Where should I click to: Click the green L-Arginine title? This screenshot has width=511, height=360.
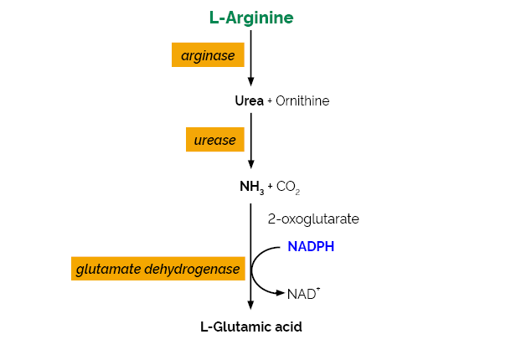click(251, 18)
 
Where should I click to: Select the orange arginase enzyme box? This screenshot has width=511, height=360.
click(208, 55)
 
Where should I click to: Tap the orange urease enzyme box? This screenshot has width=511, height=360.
click(215, 140)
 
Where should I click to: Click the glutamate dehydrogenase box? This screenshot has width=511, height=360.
click(158, 269)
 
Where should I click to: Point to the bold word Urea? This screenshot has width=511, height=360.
click(250, 101)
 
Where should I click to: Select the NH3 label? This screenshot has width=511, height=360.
click(251, 187)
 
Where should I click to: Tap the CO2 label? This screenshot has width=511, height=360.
click(288, 187)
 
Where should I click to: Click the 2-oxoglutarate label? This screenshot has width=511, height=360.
click(313, 219)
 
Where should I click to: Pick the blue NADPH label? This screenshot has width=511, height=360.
click(311, 248)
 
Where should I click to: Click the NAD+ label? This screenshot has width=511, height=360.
click(302, 293)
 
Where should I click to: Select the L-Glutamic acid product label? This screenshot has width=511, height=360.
click(250, 327)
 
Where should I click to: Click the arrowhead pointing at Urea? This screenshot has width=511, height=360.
click(251, 81)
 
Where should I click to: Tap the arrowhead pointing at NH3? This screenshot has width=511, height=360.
click(251, 165)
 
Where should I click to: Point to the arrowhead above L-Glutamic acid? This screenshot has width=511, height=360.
click(251, 306)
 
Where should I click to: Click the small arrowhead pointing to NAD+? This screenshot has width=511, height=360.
click(280, 292)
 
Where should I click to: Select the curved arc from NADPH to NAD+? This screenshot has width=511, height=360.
click(254, 270)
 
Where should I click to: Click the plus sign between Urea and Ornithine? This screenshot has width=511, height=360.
click(270, 101)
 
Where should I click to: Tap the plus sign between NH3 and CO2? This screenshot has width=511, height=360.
click(271, 187)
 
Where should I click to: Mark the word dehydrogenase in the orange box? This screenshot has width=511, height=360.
click(200, 269)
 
